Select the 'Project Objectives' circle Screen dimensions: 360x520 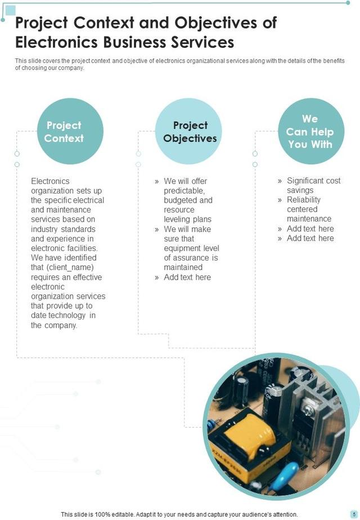click(x=190, y=132)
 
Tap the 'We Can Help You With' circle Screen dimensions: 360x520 click(x=310, y=131)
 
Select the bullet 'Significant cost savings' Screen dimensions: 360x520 click(x=313, y=186)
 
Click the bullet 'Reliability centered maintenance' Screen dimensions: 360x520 click(x=309, y=209)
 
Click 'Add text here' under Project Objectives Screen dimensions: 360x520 click(x=187, y=277)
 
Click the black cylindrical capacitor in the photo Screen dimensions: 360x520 click(x=242, y=388)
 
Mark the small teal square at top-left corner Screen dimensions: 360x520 click(x=10, y=10)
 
